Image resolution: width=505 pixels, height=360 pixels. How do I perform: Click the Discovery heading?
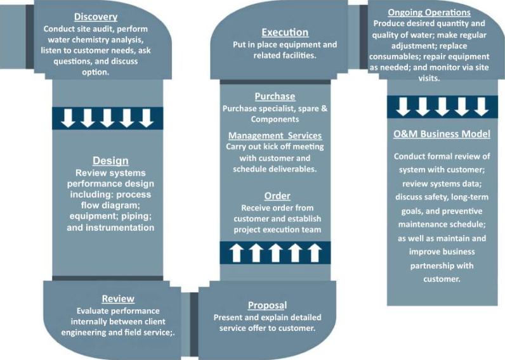coord(96,16)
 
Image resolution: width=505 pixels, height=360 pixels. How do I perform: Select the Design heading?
coord(110,161)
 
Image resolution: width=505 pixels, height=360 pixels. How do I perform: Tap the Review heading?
coord(118,299)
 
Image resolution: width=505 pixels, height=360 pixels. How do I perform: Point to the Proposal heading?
coord(267,305)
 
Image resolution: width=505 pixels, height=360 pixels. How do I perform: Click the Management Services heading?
coord(275,136)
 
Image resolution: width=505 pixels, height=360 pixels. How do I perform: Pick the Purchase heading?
coord(275,96)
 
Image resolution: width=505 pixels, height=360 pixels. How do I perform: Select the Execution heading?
coord(285,32)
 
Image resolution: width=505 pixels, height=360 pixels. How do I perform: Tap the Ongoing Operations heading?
coord(429,12)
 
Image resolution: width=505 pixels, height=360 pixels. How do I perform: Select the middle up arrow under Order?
coord(275,252)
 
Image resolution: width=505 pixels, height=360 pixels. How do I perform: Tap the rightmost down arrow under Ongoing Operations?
coord(481,106)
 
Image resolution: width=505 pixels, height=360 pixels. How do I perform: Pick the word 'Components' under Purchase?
coord(275,119)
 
